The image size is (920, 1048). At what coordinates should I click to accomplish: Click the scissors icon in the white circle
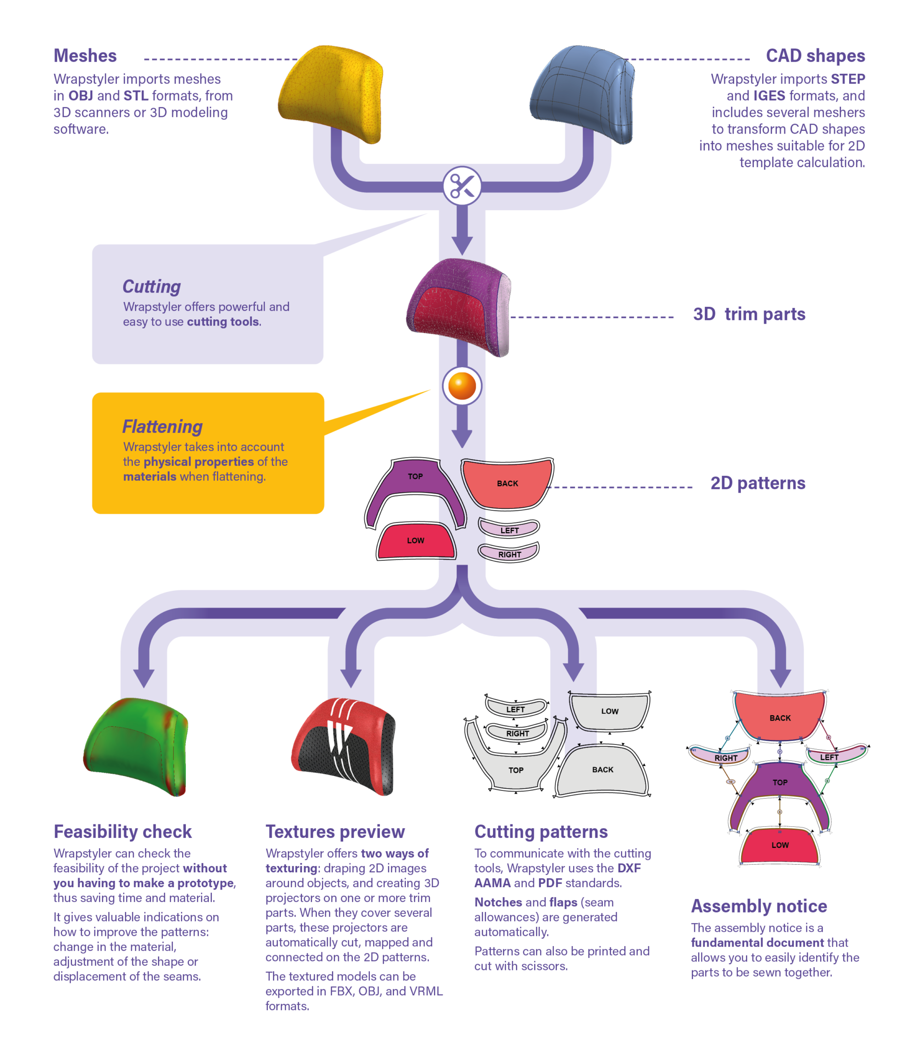tap(462, 186)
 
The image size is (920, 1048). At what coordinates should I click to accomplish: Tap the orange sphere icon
tap(462, 385)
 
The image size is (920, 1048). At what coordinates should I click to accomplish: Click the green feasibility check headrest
tap(136, 746)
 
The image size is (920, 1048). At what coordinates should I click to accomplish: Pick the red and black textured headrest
tap(344, 746)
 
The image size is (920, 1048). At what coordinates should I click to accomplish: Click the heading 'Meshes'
tap(85, 56)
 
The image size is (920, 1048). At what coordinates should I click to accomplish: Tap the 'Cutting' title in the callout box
tap(151, 287)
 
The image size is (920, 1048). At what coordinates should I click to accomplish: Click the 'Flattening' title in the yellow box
tap(162, 427)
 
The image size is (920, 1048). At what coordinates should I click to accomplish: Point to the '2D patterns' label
tap(758, 483)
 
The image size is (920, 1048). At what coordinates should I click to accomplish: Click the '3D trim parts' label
tap(748, 314)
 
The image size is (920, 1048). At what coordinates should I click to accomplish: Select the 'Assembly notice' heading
tap(759, 906)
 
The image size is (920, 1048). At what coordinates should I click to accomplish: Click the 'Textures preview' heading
tap(335, 832)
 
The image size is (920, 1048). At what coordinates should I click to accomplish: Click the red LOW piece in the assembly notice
tap(780, 845)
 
